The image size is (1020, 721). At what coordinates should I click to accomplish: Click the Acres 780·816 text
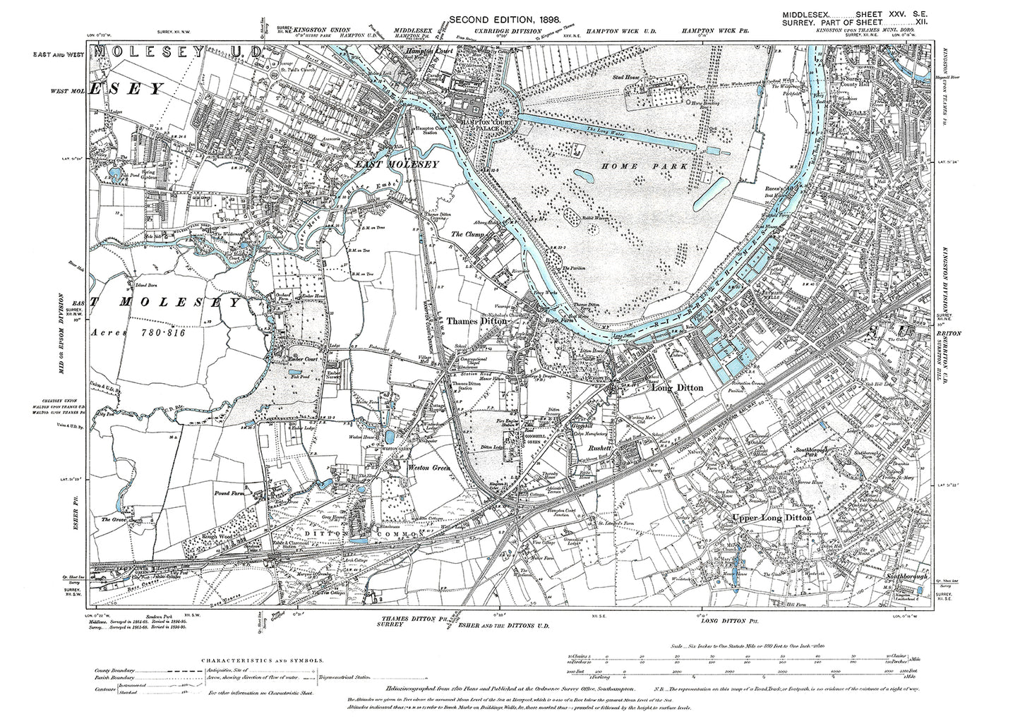(138, 331)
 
